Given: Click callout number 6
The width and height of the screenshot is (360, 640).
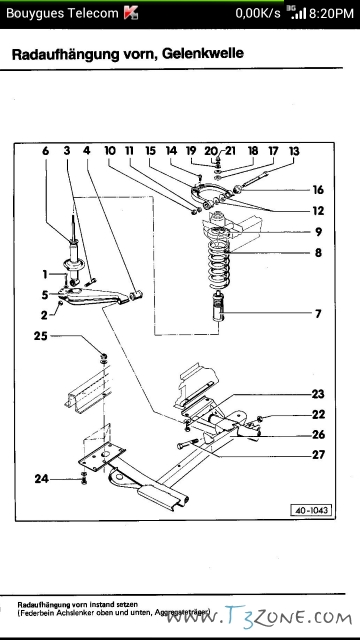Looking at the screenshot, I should tap(45, 151).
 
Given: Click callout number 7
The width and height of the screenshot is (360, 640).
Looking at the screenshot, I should tap(318, 314).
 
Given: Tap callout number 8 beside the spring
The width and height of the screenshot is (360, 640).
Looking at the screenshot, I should tap(318, 254).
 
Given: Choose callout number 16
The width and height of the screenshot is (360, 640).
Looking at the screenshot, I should tap(318, 189).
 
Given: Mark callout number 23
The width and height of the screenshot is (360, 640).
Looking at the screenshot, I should tap(318, 393).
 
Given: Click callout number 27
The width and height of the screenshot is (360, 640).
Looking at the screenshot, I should tap(318, 455).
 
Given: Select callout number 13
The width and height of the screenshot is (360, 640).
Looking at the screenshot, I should tap(293, 151).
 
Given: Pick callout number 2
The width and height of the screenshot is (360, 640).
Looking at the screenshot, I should tap(44, 314).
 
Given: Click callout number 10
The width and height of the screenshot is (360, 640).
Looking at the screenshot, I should tap(109, 151).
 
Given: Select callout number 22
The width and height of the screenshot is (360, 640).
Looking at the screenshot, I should tap(318, 414).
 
